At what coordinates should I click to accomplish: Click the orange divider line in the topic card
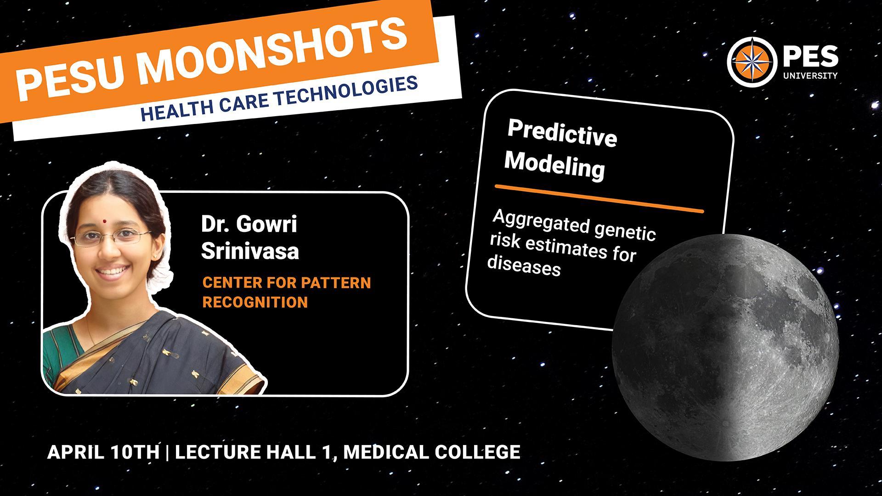tap(599, 199)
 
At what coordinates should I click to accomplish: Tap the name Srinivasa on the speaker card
tap(250, 251)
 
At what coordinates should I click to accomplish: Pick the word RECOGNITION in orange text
tap(255, 302)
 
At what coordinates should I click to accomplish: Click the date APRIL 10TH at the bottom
tap(103, 452)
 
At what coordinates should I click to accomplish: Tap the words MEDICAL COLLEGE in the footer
tap(432, 452)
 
